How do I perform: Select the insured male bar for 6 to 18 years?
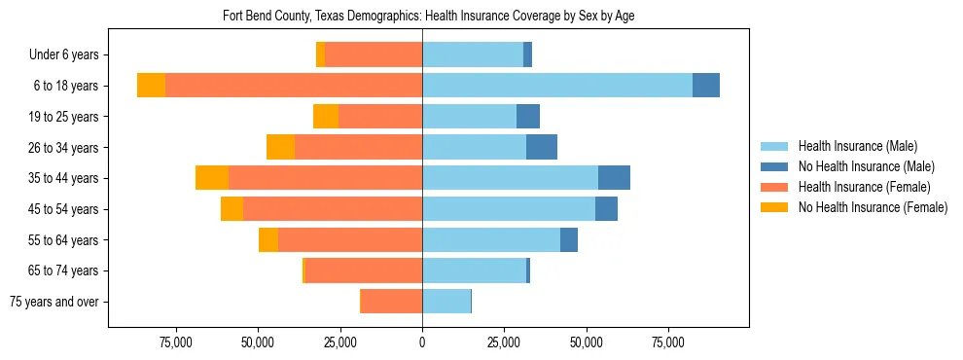(x=557, y=86)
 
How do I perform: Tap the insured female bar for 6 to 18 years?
(x=294, y=86)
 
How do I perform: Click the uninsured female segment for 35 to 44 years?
(x=212, y=178)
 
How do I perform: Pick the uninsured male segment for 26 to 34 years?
(x=542, y=147)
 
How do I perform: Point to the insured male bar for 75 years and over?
(x=446, y=302)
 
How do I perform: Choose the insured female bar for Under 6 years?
(x=374, y=54)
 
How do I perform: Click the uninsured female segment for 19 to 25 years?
(x=326, y=117)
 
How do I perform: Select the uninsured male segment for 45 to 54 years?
(x=606, y=209)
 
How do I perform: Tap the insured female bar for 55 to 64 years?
(x=350, y=240)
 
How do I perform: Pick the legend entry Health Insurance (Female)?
(x=864, y=187)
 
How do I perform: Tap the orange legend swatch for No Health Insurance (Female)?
(x=774, y=207)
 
